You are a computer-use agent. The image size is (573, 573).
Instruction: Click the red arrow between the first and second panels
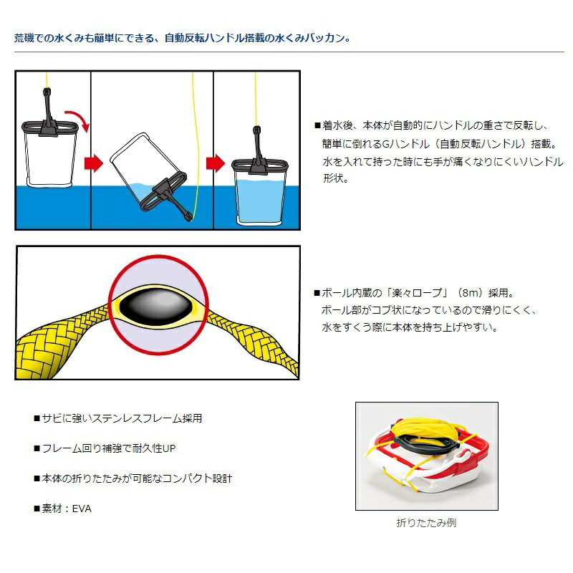pos(94,163)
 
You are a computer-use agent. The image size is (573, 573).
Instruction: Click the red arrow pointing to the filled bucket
pos(216,163)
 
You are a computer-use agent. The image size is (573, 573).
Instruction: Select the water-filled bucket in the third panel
pos(259,183)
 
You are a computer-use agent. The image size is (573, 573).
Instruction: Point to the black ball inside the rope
pos(158,307)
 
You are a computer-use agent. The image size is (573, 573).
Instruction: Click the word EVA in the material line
pos(82,509)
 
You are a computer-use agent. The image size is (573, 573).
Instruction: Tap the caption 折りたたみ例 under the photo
pos(426,523)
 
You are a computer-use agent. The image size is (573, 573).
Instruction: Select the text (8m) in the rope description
pos(470,293)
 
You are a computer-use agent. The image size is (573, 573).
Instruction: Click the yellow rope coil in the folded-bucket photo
pos(424,431)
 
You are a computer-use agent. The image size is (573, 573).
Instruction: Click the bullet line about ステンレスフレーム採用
pos(118,418)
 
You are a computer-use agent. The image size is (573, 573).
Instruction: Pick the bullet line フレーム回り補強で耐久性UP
pos(105,448)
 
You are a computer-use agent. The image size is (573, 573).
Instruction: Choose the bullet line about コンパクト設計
pos(133,478)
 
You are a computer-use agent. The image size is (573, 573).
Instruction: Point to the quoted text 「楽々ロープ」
pos(418,293)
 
